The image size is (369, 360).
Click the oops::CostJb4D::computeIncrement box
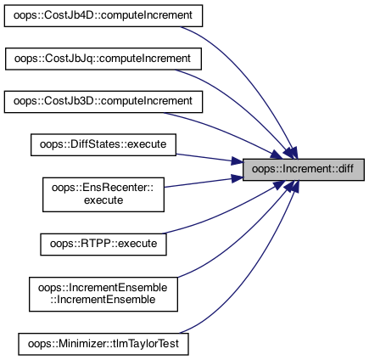coord(103,16)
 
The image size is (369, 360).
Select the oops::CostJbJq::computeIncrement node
coord(103,59)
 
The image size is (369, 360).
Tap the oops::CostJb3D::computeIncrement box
coord(103,102)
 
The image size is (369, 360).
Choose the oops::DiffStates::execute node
coord(103,144)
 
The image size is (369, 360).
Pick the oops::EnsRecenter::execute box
coord(103,194)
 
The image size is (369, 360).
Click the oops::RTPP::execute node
coord(103,245)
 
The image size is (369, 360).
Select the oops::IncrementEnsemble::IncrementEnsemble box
coord(103,295)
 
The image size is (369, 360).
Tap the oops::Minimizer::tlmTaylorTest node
coord(103,344)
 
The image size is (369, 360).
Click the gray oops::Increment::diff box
coord(304,170)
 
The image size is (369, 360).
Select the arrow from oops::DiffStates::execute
coord(210,159)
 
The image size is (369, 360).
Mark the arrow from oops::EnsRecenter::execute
coord(204,182)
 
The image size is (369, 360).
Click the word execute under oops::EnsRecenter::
coord(103,200)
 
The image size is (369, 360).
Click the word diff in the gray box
coord(345,169)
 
